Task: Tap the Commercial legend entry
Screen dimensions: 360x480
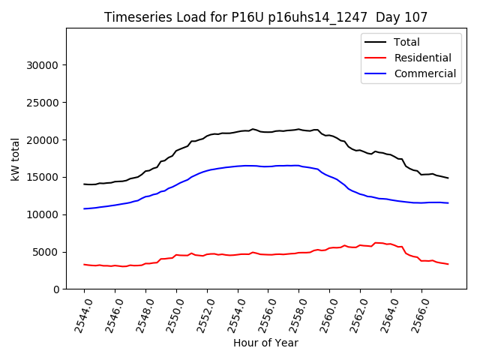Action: [x=424, y=73]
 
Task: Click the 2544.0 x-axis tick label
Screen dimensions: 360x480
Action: [x=79, y=313]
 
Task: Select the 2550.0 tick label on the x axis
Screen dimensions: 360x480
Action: [x=171, y=313]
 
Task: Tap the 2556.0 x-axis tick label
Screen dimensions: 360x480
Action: [x=262, y=313]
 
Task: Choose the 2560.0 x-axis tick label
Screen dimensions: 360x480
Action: [x=324, y=313]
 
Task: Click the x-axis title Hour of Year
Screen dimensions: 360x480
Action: [x=265, y=343]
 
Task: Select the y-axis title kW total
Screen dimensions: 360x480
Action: [x=16, y=158]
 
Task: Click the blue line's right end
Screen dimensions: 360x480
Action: [x=448, y=203]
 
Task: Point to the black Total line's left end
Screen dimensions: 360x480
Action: [x=84, y=184]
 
